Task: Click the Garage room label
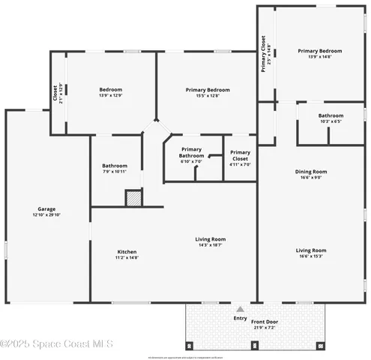click(46, 209)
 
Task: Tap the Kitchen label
click(127, 251)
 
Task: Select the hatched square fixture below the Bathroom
click(133, 198)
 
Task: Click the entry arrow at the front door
click(240, 308)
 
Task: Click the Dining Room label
click(310, 171)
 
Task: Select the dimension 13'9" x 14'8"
click(320, 57)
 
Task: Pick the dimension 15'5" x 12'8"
click(208, 95)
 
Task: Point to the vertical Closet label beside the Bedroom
click(55, 93)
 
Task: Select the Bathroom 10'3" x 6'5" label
click(331, 115)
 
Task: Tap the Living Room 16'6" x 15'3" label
click(310, 250)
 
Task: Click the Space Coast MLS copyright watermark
click(56, 344)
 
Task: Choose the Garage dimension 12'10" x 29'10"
click(46, 215)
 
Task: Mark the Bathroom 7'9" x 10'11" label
click(115, 166)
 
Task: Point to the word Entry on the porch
click(240, 318)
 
